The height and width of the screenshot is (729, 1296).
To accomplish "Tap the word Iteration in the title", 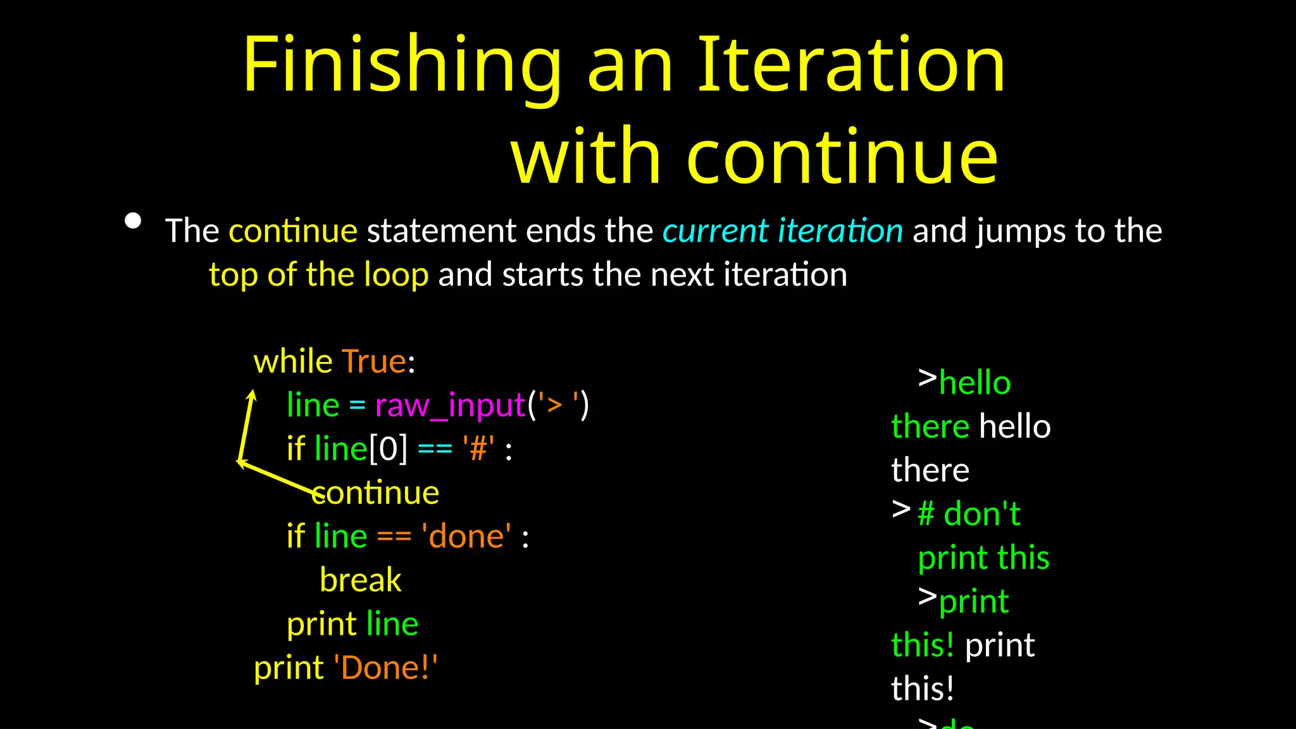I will click(851, 65).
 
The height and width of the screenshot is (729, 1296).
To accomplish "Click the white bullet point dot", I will click(133, 221).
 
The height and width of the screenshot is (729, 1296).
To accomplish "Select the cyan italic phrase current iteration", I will click(782, 230).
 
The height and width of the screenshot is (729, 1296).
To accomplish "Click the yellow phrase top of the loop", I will click(319, 275).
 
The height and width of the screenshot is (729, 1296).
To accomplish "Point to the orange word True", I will click(374, 361).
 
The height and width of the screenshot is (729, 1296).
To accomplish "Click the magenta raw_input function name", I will click(450, 405).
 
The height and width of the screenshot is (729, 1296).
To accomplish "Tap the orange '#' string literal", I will click(478, 449).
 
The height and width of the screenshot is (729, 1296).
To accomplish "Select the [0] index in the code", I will click(389, 449).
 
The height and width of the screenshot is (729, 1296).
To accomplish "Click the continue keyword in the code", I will click(376, 493).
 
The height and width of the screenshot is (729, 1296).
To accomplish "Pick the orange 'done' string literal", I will click(466, 537).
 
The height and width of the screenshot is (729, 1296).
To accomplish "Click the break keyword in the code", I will click(360, 580).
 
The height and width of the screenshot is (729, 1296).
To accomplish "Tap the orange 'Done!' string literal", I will click(385, 668).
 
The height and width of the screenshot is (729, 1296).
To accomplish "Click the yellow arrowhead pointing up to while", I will click(252, 396).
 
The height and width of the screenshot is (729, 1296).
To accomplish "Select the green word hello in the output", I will click(975, 383).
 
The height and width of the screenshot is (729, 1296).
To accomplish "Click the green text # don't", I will click(969, 514).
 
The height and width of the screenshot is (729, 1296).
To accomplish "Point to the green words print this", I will click(983, 558).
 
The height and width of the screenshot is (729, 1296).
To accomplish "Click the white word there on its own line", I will click(930, 471).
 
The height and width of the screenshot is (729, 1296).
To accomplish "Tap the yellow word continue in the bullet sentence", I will click(293, 230).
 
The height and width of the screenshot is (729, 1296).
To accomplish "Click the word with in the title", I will click(585, 156).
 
